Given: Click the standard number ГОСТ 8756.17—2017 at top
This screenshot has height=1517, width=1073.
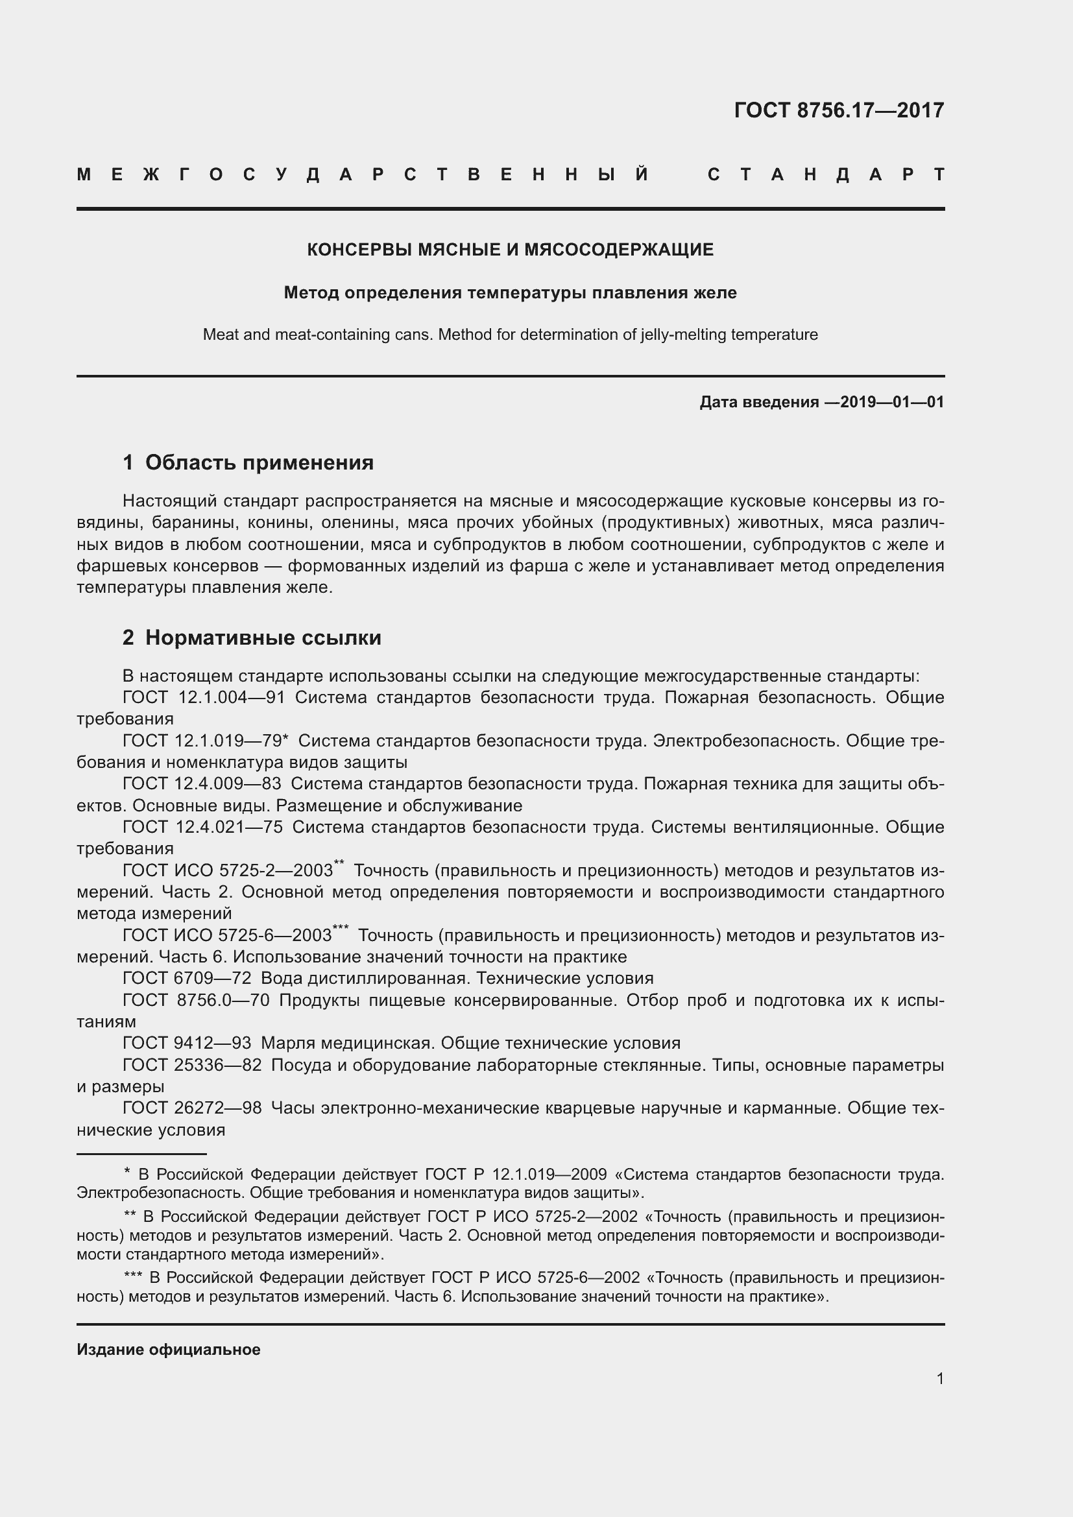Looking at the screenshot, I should [x=838, y=110].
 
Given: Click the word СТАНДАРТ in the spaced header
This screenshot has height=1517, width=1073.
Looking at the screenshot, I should [x=826, y=175].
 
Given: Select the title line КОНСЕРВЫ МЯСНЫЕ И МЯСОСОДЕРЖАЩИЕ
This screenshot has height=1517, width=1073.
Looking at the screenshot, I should [x=510, y=250].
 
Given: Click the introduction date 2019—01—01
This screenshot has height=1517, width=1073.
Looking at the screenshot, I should [x=891, y=402].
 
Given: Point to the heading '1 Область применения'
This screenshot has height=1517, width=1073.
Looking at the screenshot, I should [x=248, y=462].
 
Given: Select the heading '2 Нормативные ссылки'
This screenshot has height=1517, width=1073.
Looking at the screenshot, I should [x=252, y=638].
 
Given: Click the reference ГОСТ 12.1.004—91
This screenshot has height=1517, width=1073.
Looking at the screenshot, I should [x=204, y=698].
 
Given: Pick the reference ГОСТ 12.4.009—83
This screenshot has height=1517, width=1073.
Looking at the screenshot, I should [x=202, y=784].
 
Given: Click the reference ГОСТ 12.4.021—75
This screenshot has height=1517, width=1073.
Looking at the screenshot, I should [x=202, y=827].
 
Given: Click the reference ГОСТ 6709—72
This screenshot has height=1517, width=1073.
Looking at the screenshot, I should [x=187, y=979].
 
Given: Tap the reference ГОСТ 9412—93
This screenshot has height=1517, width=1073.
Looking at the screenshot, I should [x=187, y=1044].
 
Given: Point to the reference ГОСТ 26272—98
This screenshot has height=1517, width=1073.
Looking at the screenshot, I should [x=191, y=1108].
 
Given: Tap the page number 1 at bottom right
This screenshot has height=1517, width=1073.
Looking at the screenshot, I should [x=939, y=1379].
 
